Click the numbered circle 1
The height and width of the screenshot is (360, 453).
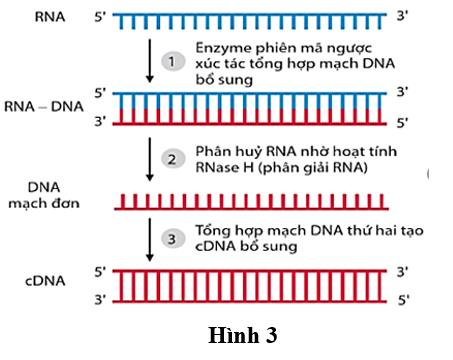(173, 61)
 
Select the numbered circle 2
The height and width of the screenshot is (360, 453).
(173, 159)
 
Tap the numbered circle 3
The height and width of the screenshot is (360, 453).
(173, 239)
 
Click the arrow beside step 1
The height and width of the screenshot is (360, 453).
(150, 61)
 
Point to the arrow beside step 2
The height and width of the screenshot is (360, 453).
(150, 159)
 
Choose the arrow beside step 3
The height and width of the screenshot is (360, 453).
(150, 240)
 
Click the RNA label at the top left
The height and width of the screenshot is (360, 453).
(50, 17)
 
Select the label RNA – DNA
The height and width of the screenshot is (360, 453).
(44, 107)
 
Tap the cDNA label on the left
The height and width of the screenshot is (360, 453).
(45, 281)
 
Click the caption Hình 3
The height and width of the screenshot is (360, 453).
(243, 335)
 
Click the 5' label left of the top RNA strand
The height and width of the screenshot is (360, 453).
(100, 17)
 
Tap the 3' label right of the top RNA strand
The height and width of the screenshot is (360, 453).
(402, 16)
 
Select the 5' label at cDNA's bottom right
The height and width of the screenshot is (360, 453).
(403, 300)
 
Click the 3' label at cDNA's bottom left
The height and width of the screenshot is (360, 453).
(100, 300)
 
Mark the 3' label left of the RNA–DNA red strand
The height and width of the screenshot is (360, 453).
(100, 121)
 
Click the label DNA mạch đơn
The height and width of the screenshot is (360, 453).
(44, 195)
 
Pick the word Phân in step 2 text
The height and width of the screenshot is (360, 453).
(211, 152)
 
